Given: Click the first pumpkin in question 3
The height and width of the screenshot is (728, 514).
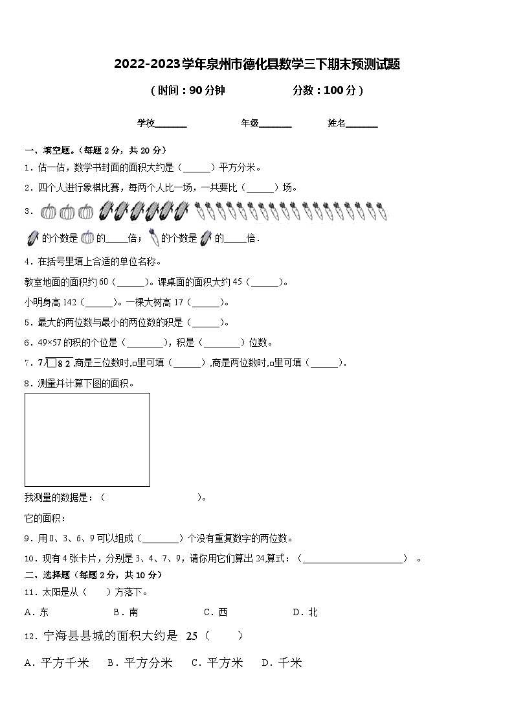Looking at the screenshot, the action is click(x=49, y=211).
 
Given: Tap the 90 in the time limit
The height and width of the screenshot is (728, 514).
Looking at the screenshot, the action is click(x=196, y=91).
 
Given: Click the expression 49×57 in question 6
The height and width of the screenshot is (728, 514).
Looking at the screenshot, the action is click(x=47, y=343).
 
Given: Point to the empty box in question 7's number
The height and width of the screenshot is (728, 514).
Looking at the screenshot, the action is click(x=52, y=363).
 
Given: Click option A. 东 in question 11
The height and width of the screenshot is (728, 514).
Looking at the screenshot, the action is click(x=36, y=612).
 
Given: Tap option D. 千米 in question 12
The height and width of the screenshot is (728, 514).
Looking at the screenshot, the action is click(x=282, y=663).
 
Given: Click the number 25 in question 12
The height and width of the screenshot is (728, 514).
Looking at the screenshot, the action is click(x=192, y=636).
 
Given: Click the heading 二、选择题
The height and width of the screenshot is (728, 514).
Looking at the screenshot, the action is click(x=47, y=575).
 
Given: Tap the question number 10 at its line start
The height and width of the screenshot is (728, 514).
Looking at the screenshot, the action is click(x=28, y=558).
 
